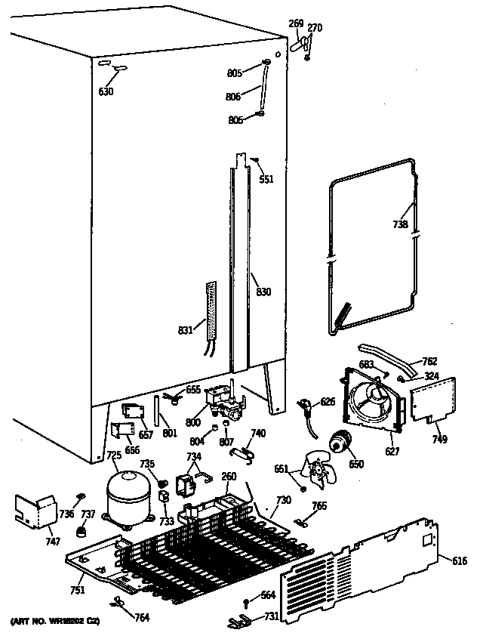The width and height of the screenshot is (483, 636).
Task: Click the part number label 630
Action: tap(106, 92)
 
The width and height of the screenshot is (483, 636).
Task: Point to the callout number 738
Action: tap(400, 224)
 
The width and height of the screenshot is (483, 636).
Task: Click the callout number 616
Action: tap(460, 560)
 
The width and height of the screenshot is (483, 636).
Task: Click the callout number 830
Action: tap(263, 292)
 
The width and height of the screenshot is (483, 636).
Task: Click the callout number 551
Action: tap(266, 179)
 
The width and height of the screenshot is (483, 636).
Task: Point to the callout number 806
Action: tap(234, 96)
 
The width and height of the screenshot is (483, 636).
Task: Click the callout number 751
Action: tap(78, 589)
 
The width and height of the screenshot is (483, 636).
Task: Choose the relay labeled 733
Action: tap(163, 499)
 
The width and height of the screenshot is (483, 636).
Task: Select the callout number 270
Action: tap(315, 28)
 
